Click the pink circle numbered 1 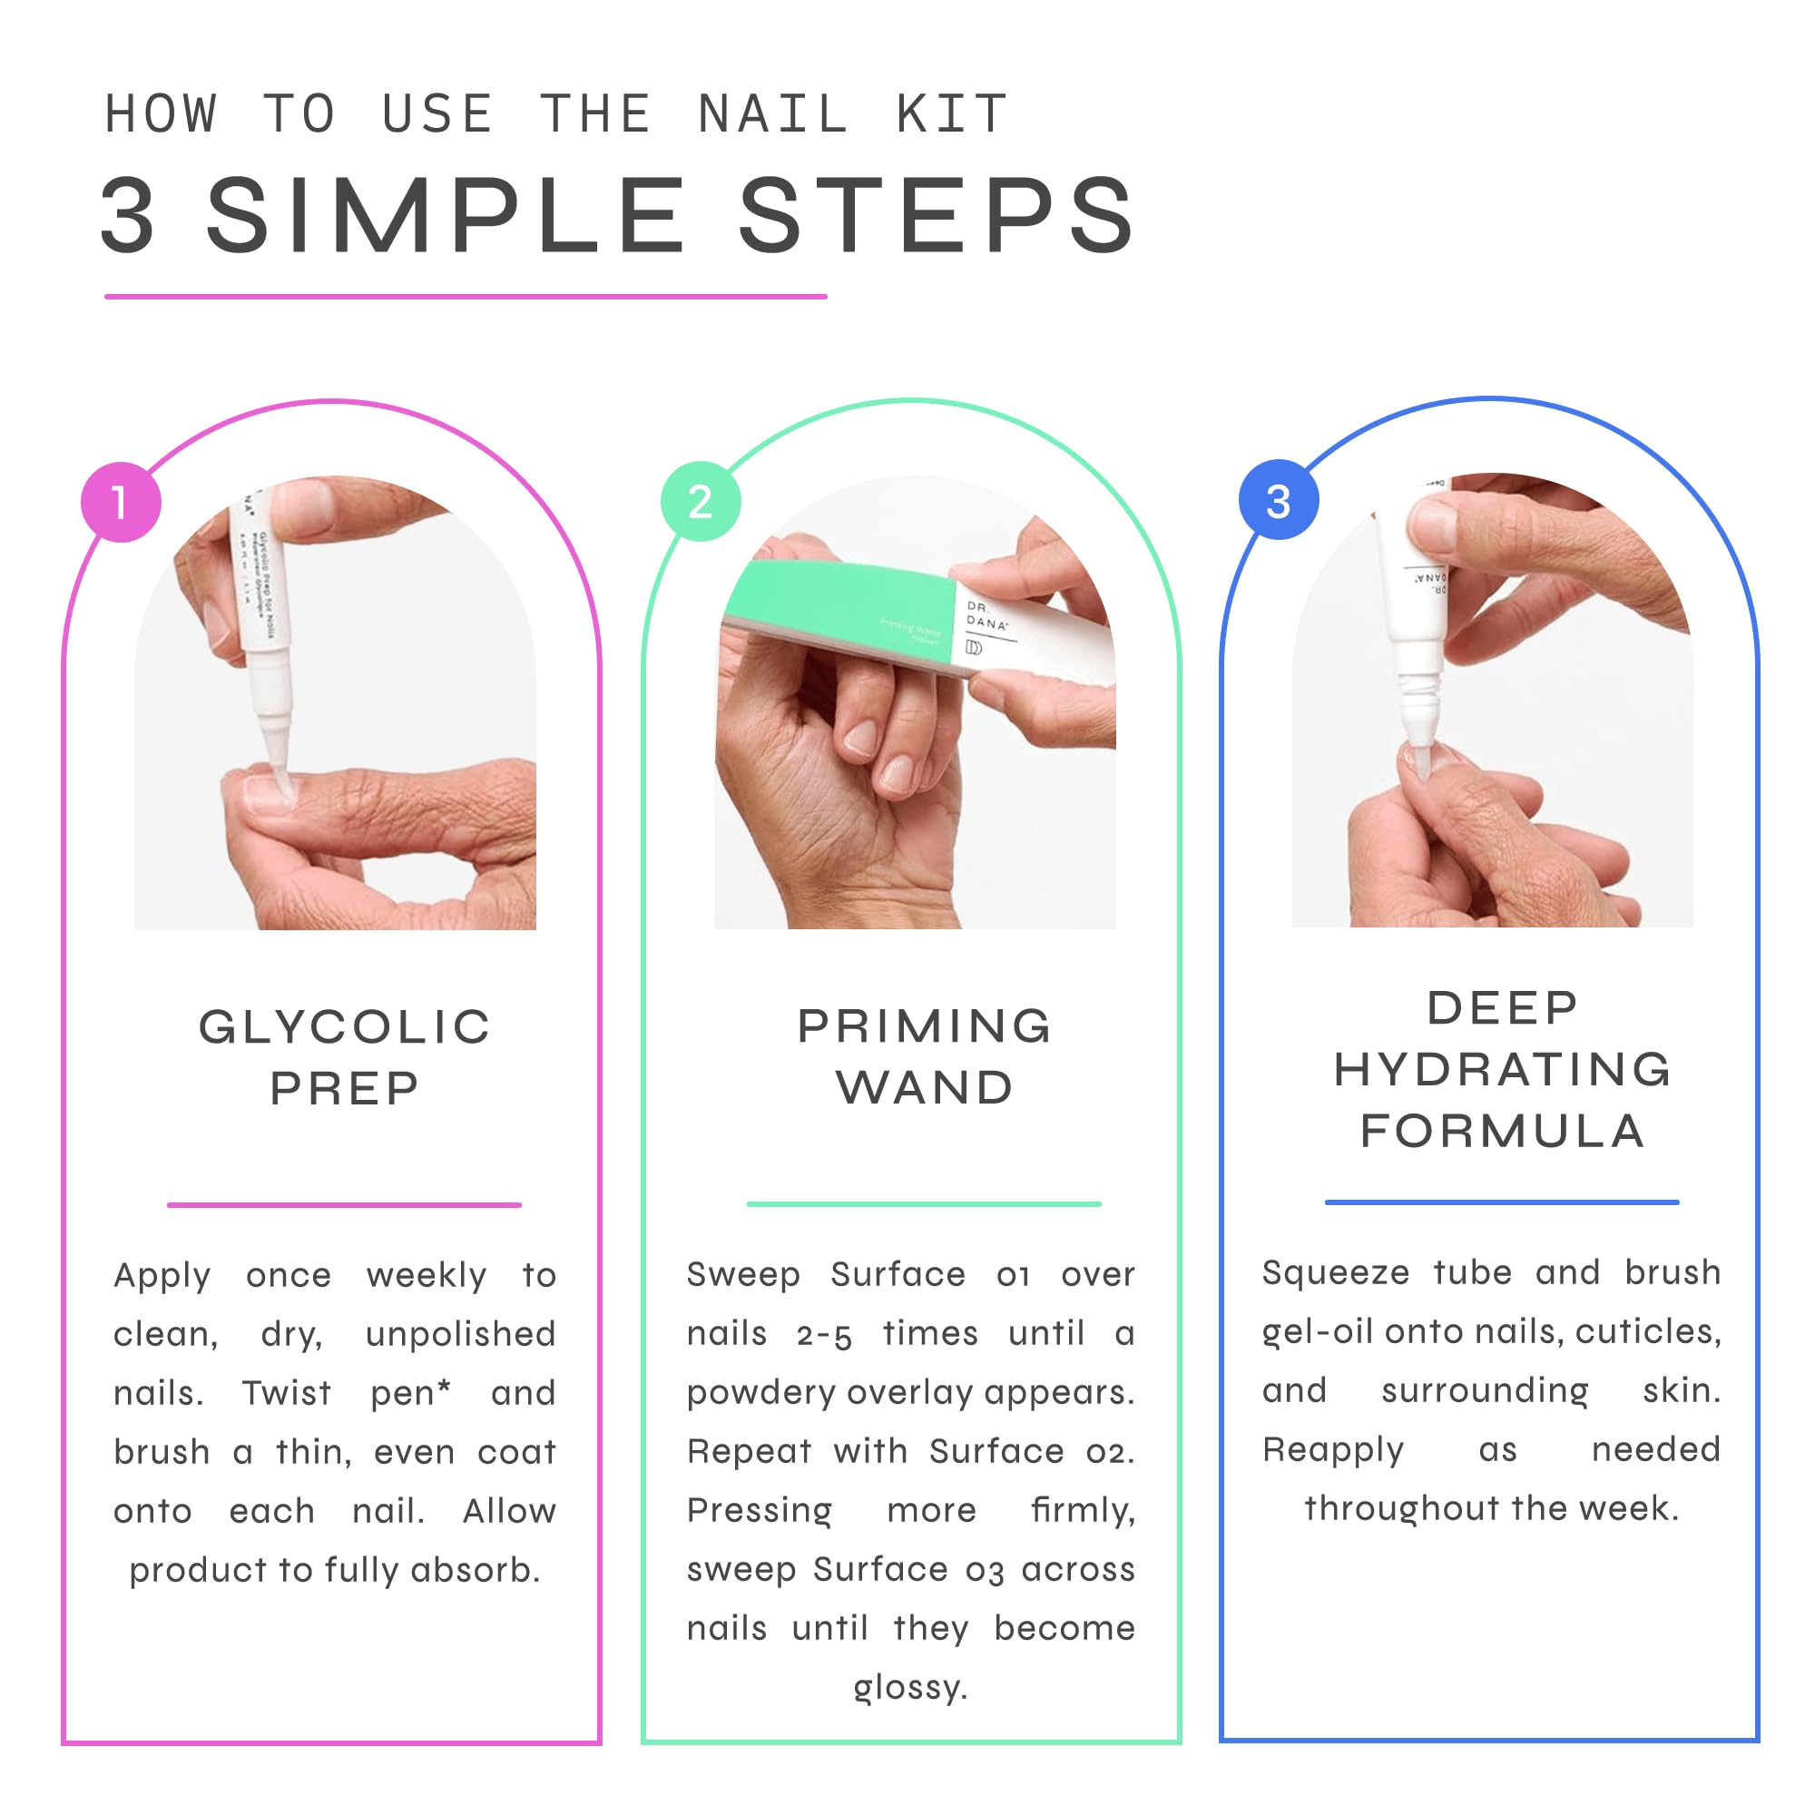[122, 502]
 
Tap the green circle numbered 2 [700, 501]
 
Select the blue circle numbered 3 [1279, 500]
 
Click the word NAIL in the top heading [772, 114]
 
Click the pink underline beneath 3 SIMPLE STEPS [465, 297]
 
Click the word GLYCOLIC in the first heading [345, 1026]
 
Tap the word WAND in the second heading [925, 1088]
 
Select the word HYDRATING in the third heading [1502, 1070]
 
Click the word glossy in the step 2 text [908, 1687]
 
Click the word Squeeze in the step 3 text [1335, 1272]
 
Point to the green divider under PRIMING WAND [924, 1203]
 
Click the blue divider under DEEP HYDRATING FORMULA [1501, 1202]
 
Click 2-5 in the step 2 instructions [824, 1334]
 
